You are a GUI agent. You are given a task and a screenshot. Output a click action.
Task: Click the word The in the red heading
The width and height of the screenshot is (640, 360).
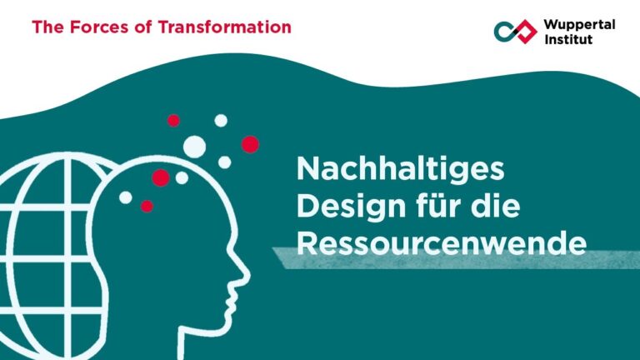pyautogui.click(x=47, y=27)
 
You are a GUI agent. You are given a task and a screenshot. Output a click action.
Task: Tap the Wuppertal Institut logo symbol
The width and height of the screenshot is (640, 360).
pyautogui.click(x=515, y=32)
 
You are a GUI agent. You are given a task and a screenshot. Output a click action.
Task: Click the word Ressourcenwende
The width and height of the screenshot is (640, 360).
pyautogui.click(x=442, y=243)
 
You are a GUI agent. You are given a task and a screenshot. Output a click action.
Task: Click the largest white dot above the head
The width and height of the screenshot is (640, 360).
pyautogui.click(x=194, y=146)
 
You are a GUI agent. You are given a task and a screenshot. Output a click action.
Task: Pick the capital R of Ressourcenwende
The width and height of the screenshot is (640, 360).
pyautogui.click(x=307, y=243)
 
